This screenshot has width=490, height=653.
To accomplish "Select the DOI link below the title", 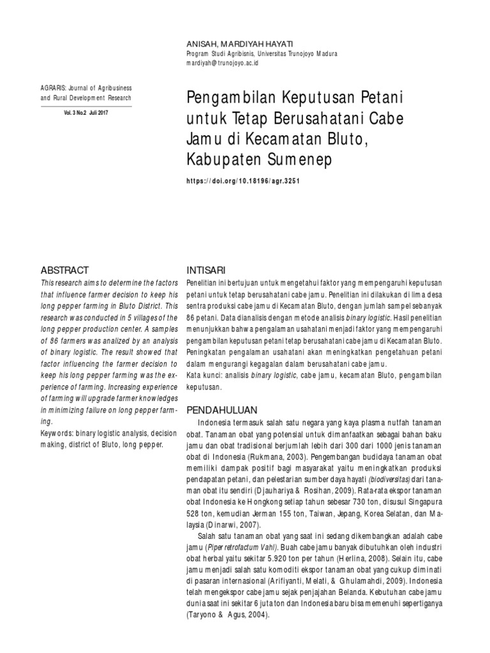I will (x=243, y=180).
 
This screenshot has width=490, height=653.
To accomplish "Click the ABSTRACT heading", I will (x=64, y=270).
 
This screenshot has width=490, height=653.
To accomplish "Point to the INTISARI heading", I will (x=205, y=270).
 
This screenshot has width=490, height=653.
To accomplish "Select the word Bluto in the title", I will (x=351, y=138).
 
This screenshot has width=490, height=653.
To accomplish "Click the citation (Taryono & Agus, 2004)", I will (x=228, y=616).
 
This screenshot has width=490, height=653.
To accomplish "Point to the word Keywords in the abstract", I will (x=56, y=434).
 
